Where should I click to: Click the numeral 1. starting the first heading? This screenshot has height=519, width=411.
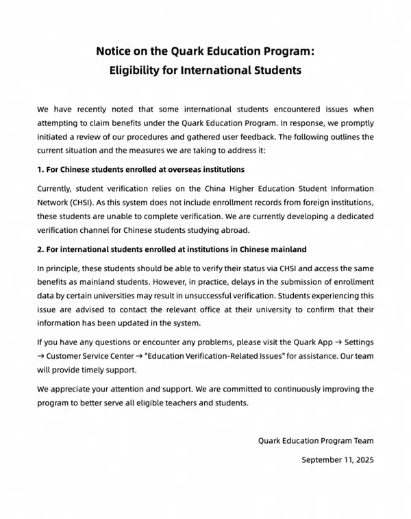(41, 169)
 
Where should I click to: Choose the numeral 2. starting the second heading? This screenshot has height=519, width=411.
(41, 249)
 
